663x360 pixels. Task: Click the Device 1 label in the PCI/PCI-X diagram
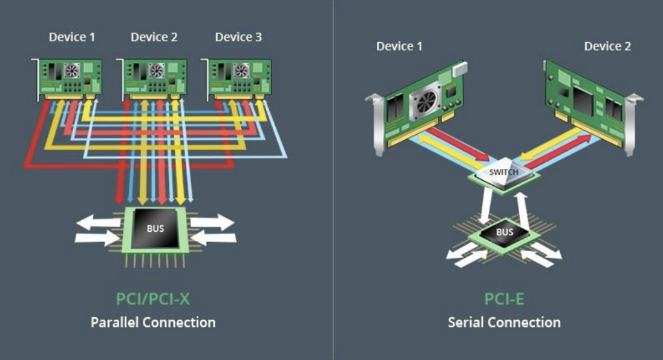[x=72, y=37]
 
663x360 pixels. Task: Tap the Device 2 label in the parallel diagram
[x=154, y=37]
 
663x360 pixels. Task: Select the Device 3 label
[x=238, y=37]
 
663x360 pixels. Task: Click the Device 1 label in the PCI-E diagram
[x=399, y=46]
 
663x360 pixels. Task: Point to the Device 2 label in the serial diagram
[x=607, y=46]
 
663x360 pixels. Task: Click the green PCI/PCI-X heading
[x=153, y=299]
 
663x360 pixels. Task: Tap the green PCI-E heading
[x=504, y=299]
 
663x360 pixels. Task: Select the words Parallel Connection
[x=153, y=322]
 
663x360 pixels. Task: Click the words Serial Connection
[x=504, y=322]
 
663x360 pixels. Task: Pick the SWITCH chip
[x=502, y=173]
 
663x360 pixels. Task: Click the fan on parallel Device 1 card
[x=72, y=70]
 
